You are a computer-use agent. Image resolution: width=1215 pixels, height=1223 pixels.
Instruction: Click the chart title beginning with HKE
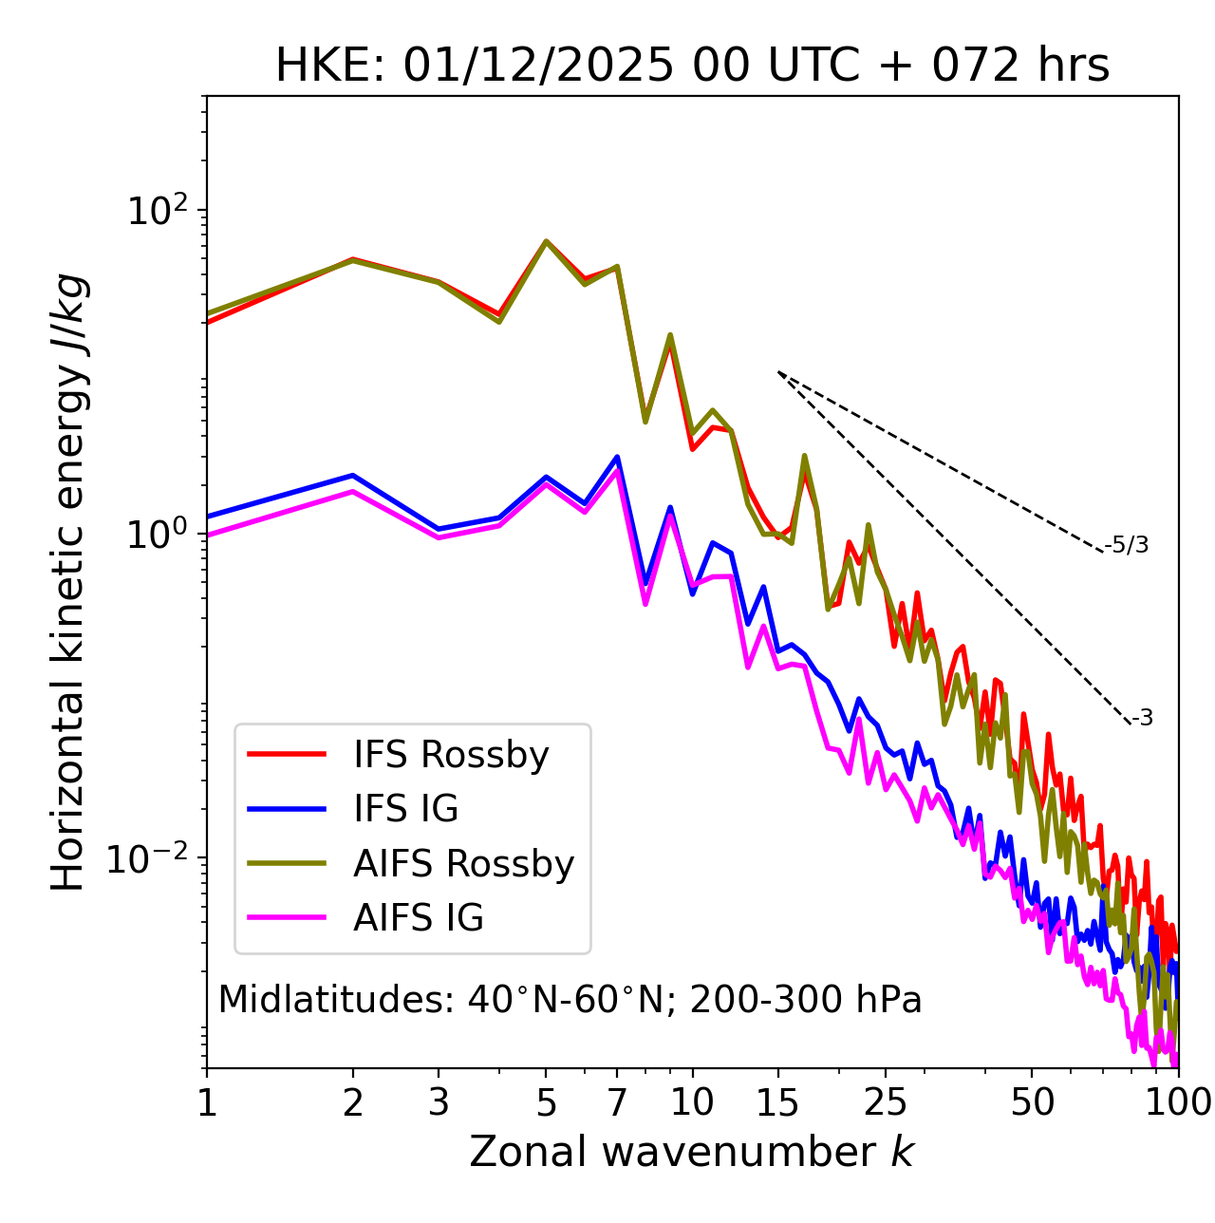point(692,66)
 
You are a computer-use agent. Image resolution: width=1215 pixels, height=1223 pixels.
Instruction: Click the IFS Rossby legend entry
point(451,755)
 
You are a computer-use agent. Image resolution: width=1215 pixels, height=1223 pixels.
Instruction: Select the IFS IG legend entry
point(406,809)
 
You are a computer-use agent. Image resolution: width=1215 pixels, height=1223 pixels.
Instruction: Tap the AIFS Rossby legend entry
point(463,864)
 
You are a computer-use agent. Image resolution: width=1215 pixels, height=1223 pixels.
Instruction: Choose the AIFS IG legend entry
point(419,918)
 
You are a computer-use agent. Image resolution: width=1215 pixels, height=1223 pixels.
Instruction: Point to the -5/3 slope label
point(1127,545)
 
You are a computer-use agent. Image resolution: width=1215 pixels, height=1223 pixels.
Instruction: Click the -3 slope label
point(1142,718)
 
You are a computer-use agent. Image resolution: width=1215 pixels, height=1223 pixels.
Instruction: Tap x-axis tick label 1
point(207,1102)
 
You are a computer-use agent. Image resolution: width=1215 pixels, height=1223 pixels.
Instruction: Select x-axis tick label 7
point(617,1102)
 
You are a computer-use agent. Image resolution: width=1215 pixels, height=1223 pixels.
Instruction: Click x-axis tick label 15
point(778,1102)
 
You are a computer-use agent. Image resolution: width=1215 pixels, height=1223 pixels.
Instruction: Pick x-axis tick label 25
point(886,1102)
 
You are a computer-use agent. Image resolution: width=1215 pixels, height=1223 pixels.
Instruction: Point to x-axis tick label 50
point(1032,1102)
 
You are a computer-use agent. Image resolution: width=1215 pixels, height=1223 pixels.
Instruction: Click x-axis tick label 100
point(1177,1102)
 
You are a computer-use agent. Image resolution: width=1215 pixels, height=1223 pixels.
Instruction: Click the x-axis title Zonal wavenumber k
point(692,1152)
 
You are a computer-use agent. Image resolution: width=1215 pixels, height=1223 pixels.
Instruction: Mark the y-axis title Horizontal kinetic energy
point(69,582)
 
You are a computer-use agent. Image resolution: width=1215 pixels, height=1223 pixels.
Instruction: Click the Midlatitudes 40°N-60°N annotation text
point(570,1000)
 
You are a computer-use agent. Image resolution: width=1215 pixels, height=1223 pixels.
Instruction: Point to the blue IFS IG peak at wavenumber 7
point(617,457)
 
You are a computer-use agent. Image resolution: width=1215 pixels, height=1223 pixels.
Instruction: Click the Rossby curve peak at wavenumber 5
point(546,241)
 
